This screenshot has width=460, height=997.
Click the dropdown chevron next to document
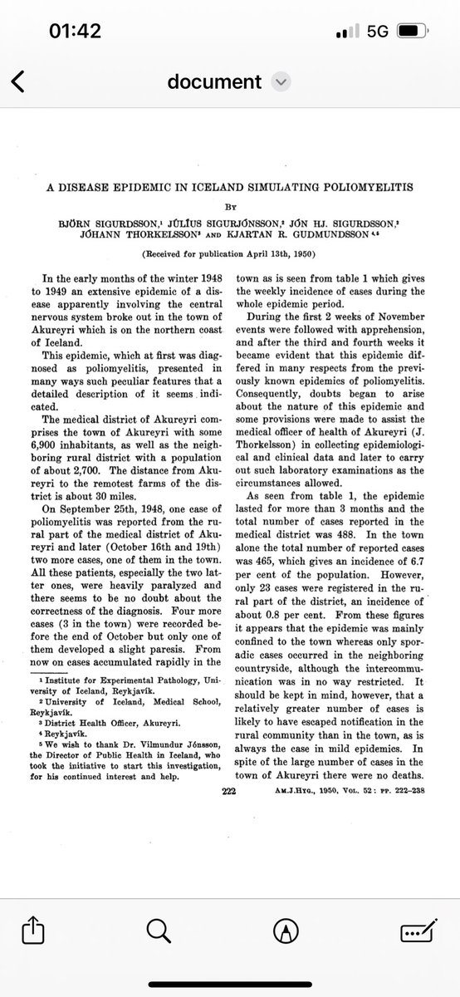point(282,81)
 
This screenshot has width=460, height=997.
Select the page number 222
point(229,769)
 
